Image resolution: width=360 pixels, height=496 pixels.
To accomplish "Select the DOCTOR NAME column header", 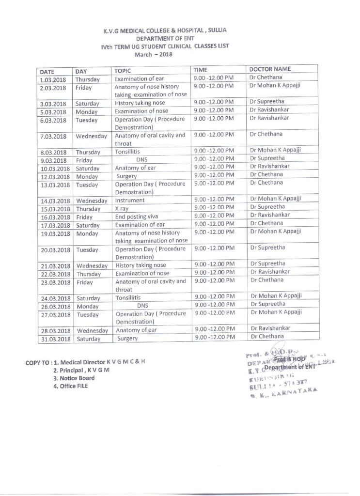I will pos(269,69).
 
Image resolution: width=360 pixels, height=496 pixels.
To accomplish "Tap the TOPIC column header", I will pos(123,70).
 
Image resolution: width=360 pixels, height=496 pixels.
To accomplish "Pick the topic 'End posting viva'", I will pos(134,217).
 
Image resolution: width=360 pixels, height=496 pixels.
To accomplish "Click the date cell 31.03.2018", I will pos(54,339).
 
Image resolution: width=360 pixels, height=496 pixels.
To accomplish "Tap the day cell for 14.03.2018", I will pos(92,201).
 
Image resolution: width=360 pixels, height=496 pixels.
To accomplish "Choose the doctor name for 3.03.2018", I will pos(267,102).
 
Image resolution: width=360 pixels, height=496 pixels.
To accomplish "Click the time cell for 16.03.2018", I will pos(214,216).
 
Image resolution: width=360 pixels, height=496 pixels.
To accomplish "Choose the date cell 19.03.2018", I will pos(54,233).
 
